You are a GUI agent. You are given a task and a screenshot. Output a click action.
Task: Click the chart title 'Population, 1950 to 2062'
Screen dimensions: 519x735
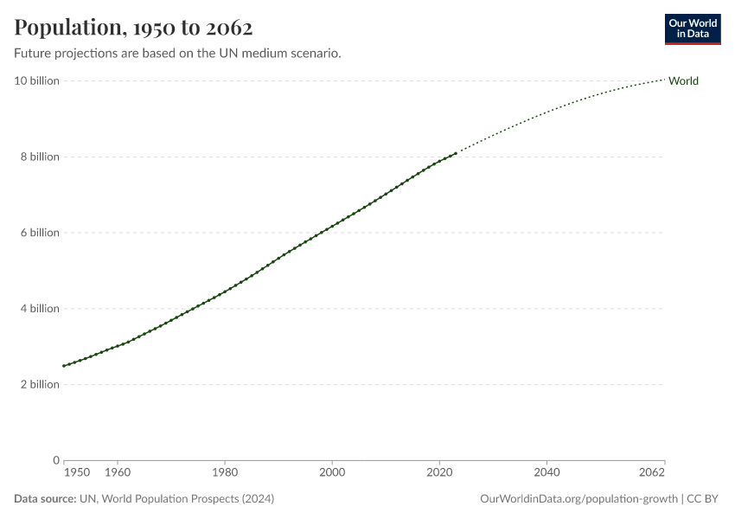point(133,28)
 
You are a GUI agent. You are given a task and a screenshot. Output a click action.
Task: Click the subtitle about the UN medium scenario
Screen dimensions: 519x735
point(177,54)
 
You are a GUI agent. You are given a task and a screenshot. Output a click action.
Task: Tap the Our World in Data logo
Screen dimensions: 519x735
point(692,29)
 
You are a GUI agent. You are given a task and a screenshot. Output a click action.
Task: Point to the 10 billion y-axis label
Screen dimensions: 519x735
point(36,81)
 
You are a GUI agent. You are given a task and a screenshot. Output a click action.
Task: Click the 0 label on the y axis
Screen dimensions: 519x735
point(55,460)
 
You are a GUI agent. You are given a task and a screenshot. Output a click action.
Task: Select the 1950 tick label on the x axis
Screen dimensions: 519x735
point(76,473)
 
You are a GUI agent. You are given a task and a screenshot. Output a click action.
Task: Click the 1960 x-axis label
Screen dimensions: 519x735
point(117,473)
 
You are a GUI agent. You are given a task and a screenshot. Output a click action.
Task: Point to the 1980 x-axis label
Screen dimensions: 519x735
point(225,473)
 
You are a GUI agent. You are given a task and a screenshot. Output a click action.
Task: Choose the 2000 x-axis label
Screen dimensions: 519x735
point(332,473)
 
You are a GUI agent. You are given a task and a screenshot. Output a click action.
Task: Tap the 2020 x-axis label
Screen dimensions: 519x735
point(439,473)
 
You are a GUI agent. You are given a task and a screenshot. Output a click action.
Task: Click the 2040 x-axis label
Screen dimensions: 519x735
point(546,473)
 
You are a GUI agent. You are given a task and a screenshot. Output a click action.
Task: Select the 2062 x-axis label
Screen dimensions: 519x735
point(653,473)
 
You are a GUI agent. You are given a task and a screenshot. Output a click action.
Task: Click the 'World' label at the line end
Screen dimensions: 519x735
point(683,81)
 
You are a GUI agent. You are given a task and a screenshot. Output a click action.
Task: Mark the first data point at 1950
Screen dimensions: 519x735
point(63,366)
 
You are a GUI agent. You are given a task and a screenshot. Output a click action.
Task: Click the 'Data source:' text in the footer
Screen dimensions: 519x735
point(45,499)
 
